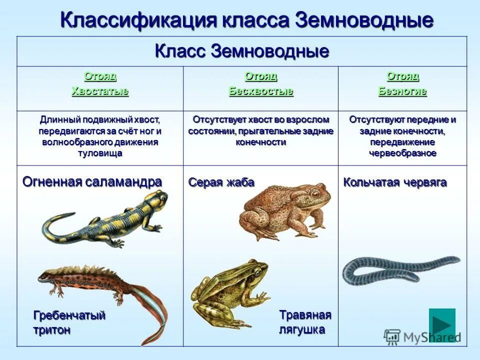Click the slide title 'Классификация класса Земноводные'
pyautogui.click(x=246, y=20)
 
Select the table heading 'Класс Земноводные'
pyautogui.click(x=242, y=51)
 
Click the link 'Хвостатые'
pyautogui.click(x=100, y=91)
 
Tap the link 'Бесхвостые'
pyautogui.click(x=261, y=91)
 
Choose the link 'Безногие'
pyautogui.click(x=402, y=91)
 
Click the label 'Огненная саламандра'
pyautogui.click(x=92, y=182)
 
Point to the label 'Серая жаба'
pyautogui.click(x=221, y=182)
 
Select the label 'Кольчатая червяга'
pyautogui.click(x=394, y=182)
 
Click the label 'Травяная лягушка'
pyautogui.click(x=305, y=322)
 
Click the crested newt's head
pyautogui.click(x=46, y=274)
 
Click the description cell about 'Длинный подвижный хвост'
pyautogui.click(x=100, y=136)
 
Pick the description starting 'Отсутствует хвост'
pyautogui.click(x=260, y=131)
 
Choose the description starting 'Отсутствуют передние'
pyautogui.click(x=402, y=136)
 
